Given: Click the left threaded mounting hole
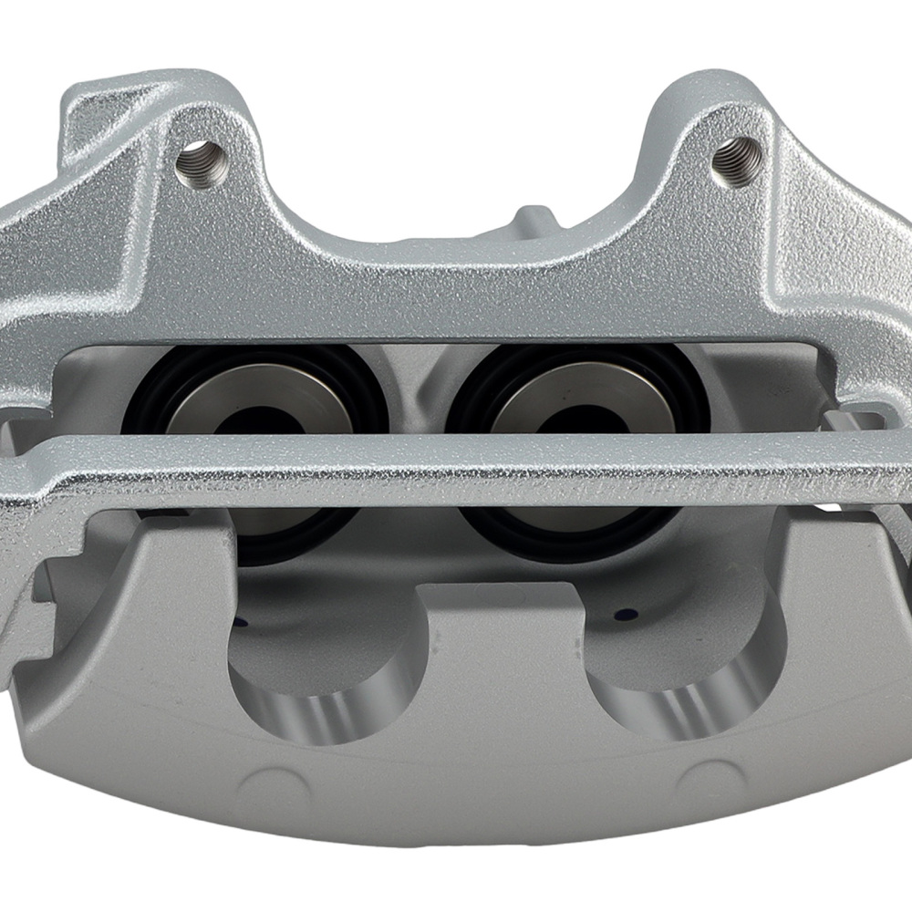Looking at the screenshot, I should click(199, 161).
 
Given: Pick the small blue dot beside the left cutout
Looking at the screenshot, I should click(241, 623).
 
